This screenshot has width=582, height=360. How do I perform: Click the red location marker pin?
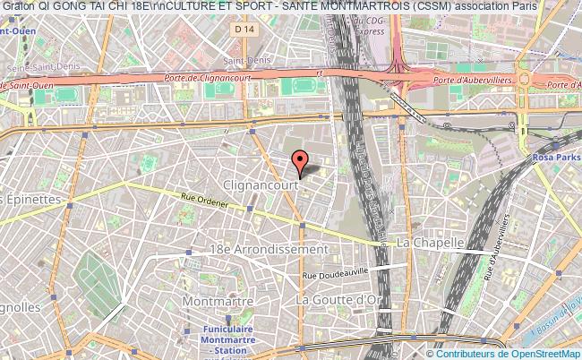(x=301, y=161)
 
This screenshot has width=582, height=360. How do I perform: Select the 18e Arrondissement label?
(x=255, y=248)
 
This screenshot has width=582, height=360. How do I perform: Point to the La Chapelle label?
(x=430, y=243)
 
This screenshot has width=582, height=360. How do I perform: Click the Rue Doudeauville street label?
(x=341, y=275)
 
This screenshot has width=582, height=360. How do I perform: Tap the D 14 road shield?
(x=242, y=30)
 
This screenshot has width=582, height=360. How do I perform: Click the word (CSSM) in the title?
(x=430, y=6)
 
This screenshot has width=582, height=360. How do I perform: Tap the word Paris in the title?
(x=526, y=6)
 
